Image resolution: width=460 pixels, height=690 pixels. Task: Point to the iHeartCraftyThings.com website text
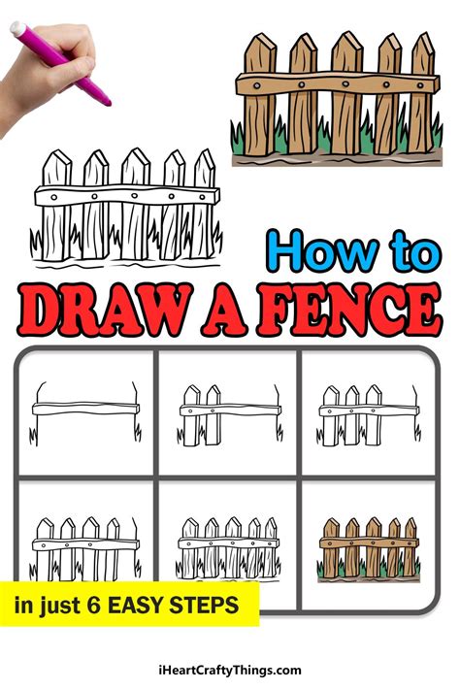[230, 670]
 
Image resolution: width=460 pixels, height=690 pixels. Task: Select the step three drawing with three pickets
[370, 412]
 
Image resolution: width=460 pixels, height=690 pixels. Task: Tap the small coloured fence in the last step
[370, 543]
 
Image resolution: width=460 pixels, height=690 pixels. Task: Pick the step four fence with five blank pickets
[84, 543]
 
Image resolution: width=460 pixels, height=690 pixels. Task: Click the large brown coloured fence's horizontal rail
[334, 85]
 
